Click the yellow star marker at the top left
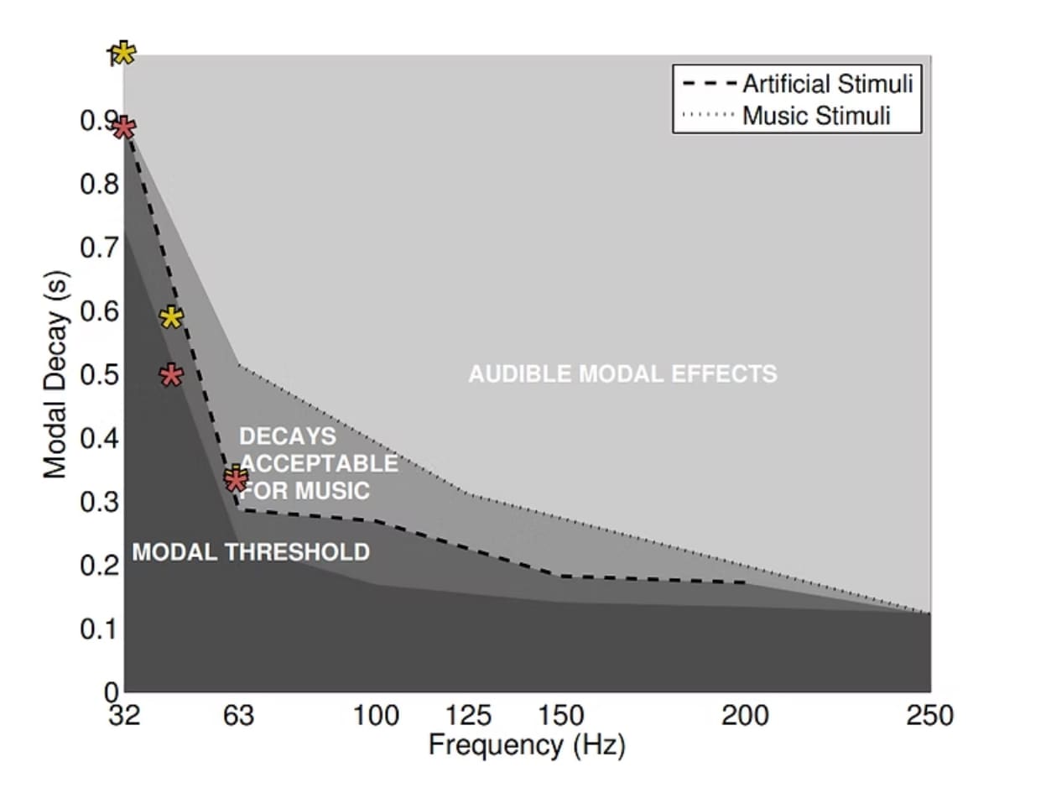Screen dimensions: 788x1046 coord(122,54)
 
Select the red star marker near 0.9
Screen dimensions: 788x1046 coord(123,128)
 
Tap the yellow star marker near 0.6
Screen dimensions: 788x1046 coord(171,318)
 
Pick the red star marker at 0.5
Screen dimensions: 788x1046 coord(171,375)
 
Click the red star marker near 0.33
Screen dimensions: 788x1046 coord(237,481)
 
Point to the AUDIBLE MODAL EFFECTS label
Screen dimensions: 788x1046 coord(622,373)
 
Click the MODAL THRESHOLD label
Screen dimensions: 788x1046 coord(251,552)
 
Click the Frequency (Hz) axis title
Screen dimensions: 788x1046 coord(527,744)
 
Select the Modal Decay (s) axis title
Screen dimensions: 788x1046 coord(55,374)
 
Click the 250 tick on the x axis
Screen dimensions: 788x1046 coord(929,716)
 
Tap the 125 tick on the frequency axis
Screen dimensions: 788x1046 coord(467,716)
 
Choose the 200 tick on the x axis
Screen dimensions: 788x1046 coord(745,716)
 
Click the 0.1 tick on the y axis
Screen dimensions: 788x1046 coord(98,629)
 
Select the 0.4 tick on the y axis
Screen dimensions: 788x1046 coord(98,439)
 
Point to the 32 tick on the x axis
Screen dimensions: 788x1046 coord(124,716)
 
